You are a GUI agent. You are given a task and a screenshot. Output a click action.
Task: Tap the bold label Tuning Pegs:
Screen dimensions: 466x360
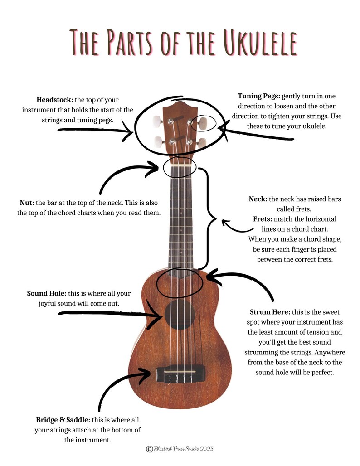(259, 96)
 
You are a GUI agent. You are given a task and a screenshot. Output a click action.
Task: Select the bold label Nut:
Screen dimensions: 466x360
(27, 202)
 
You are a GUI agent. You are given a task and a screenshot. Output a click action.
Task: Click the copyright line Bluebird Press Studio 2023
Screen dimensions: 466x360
(180, 449)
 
